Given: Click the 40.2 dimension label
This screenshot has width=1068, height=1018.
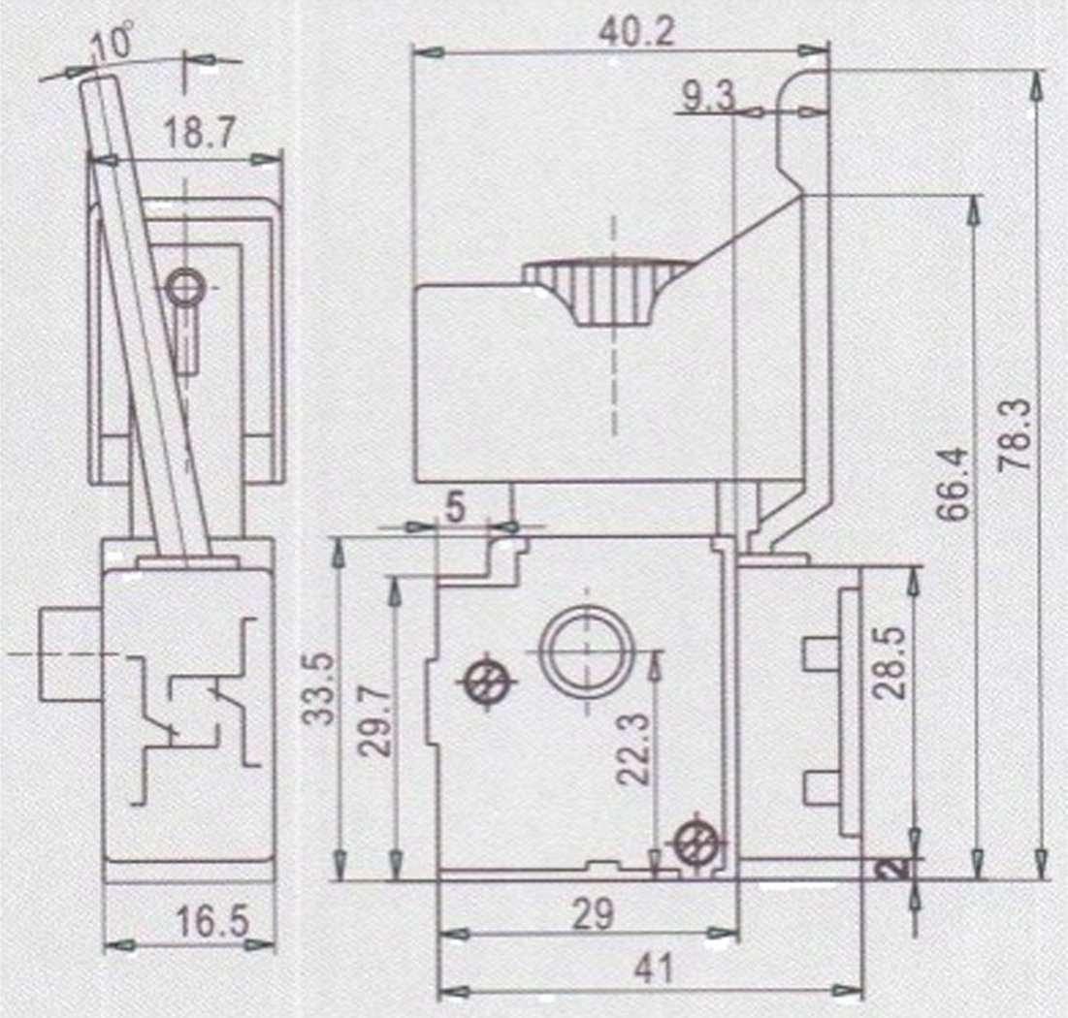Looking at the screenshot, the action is (x=636, y=32).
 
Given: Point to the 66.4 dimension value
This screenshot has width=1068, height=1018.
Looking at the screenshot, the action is (x=953, y=484).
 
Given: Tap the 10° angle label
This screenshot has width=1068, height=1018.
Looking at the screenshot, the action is (x=113, y=41).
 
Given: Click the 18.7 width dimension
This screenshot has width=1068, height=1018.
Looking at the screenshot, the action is (x=199, y=133).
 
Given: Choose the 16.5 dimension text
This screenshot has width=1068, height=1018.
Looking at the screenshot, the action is (x=212, y=923).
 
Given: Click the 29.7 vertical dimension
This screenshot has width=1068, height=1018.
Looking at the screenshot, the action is (x=375, y=721).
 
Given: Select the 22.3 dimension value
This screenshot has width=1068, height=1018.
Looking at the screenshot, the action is (x=633, y=749).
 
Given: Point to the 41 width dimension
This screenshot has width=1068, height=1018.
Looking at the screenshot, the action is (x=653, y=968).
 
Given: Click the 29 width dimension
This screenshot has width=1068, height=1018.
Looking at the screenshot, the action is (x=593, y=914).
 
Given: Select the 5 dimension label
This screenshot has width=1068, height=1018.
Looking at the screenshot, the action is (x=455, y=507).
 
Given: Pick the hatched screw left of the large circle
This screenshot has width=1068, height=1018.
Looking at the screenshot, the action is (x=486, y=681).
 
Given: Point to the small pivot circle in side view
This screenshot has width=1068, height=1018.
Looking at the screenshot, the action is (x=185, y=288).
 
